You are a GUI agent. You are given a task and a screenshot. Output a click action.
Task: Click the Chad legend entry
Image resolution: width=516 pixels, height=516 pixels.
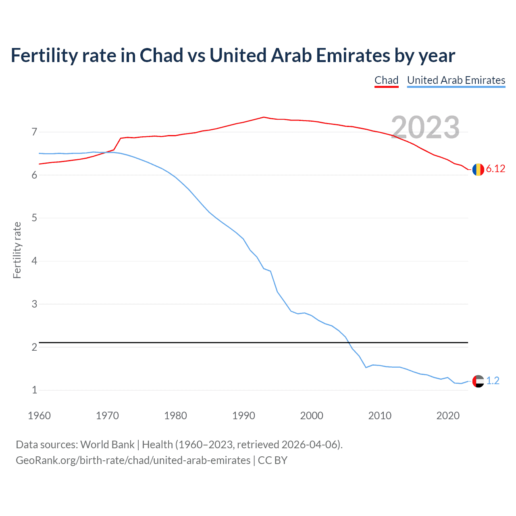pyautogui.click(x=386, y=80)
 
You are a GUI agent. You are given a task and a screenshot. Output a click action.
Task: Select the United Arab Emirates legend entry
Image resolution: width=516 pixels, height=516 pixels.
pyautogui.click(x=456, y=80)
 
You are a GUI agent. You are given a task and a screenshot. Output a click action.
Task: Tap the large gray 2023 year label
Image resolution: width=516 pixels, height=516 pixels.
pyautogui.click(x=425, y=127)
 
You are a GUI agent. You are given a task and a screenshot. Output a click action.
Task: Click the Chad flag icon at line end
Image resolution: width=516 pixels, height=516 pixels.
pyautogui.click(x=478, y=169)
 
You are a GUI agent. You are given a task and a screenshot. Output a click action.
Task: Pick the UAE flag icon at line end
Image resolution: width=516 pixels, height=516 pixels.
pyautogui.click(x=478, y=381)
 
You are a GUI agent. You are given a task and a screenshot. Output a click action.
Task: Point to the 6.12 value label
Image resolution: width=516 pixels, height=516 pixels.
pyautogui.click(x=495, y=169)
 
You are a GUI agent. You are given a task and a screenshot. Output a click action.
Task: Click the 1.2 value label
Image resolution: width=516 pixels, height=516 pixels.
pyautogui.click(x=493, y=381)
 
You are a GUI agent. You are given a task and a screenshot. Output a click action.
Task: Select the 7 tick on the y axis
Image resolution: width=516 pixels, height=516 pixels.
pyautogui.click(x=34, y=132)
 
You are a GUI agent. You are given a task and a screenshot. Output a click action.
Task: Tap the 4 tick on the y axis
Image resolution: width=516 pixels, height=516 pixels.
pyautogui.click(x=34, y=261)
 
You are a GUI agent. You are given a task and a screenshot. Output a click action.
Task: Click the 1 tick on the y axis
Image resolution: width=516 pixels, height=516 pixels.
pyautogui.click(x=34, y=390)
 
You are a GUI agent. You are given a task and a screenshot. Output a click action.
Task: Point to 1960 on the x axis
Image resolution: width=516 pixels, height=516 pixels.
pyautogui.click(x=39, y=416)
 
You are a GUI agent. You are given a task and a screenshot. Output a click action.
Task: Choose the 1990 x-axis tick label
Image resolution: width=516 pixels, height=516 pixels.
pyautogui.click(x=243, y=416)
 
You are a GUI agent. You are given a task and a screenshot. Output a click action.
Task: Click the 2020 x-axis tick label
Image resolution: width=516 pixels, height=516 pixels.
pyautogui.click(x=448, y=416)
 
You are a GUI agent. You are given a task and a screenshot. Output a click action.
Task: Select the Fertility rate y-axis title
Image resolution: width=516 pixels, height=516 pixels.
pyautogui.click(x=17, y=250)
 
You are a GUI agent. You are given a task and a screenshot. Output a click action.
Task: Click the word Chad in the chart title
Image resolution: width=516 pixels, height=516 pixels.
pyautogui.click(x=161, y=55)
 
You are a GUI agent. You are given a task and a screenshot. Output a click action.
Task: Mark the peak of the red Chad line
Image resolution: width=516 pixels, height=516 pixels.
pyautogui.click(x=264, y=117)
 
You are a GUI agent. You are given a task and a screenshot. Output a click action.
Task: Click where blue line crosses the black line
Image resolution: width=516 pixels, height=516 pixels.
pyautogui.click(x=348, y=342)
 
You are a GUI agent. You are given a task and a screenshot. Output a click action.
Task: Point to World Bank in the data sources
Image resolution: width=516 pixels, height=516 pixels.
pyautogui.click(x=107, y=445)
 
